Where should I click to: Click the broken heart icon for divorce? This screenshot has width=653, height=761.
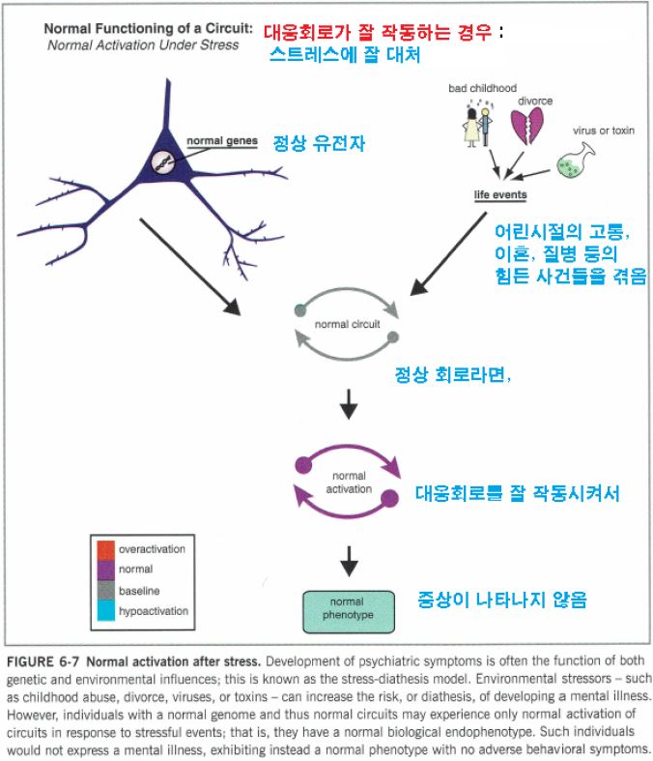tap(529, 127)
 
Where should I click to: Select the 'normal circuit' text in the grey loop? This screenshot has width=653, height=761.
tap(347, 324)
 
